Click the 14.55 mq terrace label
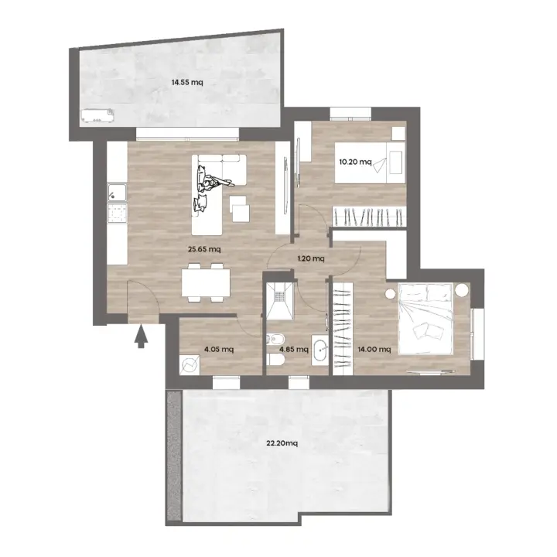187,83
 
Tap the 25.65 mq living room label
204,249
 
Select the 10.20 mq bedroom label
355,162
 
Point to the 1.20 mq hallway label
311,258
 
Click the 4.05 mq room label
219,350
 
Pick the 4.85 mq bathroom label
294,350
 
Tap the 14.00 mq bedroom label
374,350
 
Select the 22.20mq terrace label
282,443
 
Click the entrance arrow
141,337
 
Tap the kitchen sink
117,193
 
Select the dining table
206,282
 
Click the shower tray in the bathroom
280,300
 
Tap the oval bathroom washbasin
322,350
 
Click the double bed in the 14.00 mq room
425,319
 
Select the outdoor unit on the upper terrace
97,115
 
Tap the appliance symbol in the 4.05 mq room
190,365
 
